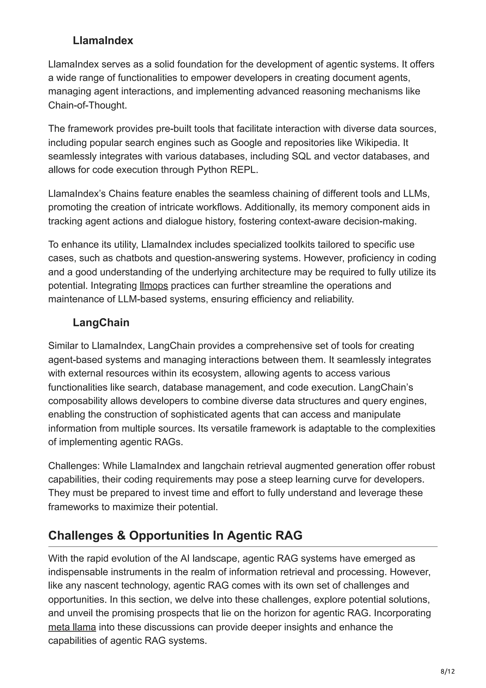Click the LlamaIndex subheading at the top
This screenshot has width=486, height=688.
tap(103, 40)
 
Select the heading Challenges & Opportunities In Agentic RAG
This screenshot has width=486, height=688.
tap(175, 536)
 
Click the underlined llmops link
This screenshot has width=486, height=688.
tap(154, 286)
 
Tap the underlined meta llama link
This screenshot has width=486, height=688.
tap(72, 627)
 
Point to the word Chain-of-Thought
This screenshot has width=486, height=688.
tap(87, 105)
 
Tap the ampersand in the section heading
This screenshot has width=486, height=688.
tap(121, 536)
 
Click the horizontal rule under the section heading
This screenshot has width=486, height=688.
tap(243, 547)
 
